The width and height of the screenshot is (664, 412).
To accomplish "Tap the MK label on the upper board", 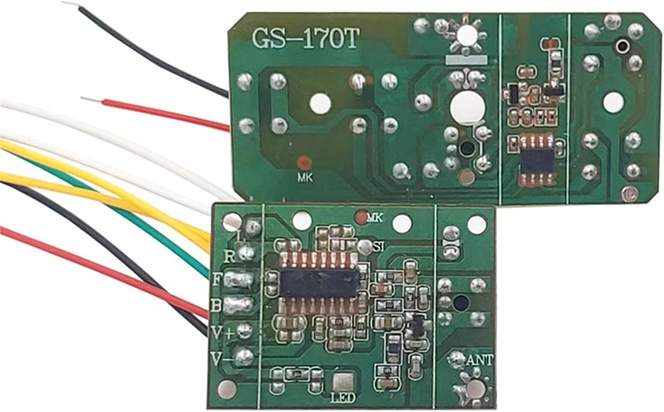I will pyautogui.click(x=305, y=178).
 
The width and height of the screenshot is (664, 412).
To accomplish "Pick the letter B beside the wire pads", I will pyautogui.click(x=216, y=305).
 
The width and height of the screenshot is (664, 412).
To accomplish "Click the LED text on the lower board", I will pyautogui.click(x=343, y=398).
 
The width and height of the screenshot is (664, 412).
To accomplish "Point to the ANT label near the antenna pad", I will pyautogui.click(x=479, y=360).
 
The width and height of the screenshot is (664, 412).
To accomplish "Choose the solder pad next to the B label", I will pyautogui.click(x=239, y=305).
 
